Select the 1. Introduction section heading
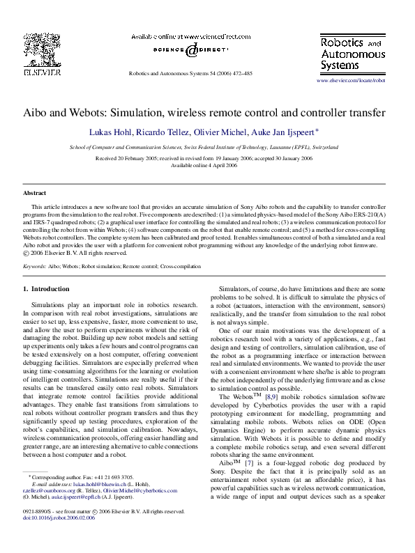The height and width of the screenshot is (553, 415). pyautogui.click(x=46, y=288)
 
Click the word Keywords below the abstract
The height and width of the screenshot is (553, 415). pyautogui.click(x=35, y=266)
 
